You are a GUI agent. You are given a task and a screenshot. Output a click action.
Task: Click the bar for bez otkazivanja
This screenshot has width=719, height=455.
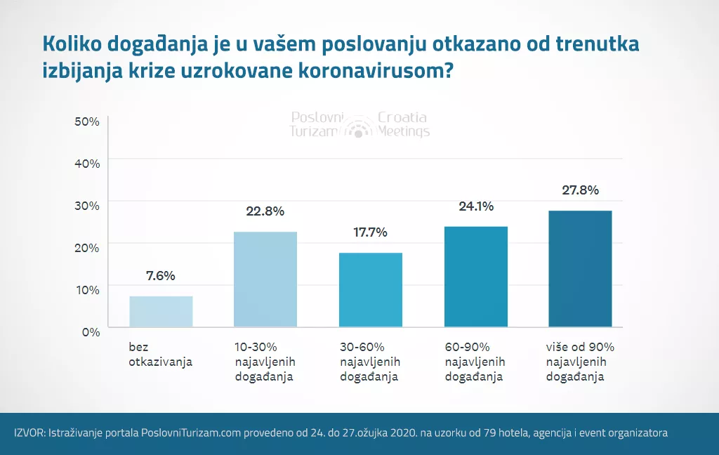pos(161,311)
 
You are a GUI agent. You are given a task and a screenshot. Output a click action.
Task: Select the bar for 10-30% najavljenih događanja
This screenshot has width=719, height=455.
pos(265,279)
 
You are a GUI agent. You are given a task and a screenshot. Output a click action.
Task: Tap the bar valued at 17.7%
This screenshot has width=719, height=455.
pos(370,289)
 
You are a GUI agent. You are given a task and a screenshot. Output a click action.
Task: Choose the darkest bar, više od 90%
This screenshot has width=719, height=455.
pos(580,268)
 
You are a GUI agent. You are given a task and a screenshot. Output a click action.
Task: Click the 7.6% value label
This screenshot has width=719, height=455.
pos(161,275)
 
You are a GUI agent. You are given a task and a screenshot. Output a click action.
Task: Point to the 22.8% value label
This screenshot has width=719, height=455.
pos(265,211)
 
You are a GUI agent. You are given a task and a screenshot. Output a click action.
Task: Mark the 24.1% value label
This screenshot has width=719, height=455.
pos(475,206)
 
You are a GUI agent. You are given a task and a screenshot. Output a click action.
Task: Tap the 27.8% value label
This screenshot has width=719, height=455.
pos(580,190)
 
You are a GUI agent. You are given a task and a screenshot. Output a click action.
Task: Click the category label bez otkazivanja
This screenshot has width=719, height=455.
pos(160,355)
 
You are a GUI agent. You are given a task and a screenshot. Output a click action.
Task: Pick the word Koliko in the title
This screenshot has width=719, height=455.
pos(72,44)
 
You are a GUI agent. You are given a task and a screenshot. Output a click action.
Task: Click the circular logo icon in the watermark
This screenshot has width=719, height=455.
pos(359,126)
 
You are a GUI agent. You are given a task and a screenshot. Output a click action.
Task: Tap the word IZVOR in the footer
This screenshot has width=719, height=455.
pos(28,433)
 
